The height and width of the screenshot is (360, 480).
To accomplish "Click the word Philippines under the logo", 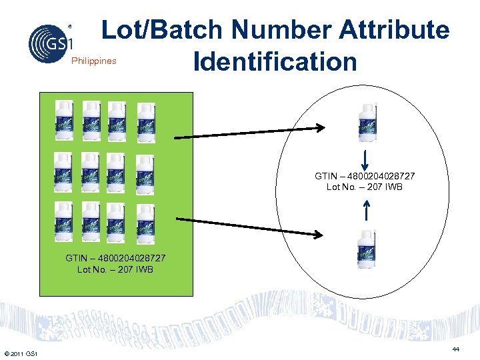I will coord(93,61).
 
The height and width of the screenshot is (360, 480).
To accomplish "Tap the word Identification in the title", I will coord(275,62).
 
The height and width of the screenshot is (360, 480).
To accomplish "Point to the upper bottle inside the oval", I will coord(367,122).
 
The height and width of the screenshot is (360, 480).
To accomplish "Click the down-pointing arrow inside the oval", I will coord(366,159).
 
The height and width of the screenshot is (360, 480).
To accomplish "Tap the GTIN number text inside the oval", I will coord(365,176).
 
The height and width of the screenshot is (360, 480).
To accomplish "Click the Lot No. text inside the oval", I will coord(365,187).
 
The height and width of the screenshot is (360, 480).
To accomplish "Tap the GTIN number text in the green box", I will coord(115,258).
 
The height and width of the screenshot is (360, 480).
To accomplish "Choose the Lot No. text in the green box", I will coord(115,269).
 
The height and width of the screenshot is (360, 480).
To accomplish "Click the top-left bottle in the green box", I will coord(63,119).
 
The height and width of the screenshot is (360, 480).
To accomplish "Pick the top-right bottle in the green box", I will coord(145,121).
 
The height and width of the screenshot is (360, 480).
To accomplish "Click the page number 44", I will coord(456,349).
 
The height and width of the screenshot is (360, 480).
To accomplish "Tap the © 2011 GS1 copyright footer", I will coord(21,353).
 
